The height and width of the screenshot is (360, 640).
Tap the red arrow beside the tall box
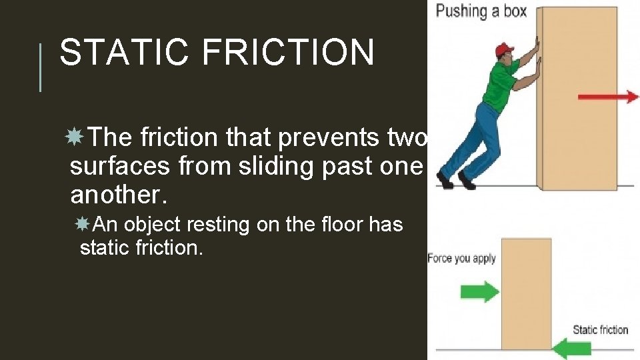point(607,97)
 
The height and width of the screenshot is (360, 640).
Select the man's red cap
point(505,51)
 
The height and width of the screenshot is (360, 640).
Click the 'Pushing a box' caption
point(481,11)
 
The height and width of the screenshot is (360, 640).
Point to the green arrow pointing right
point(479,291)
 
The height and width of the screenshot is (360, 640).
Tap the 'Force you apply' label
point(461,259)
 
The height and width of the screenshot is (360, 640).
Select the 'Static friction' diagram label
point(600,330)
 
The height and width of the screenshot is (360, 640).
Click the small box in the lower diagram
point(526,293)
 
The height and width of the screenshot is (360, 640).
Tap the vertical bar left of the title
point(41,67)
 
